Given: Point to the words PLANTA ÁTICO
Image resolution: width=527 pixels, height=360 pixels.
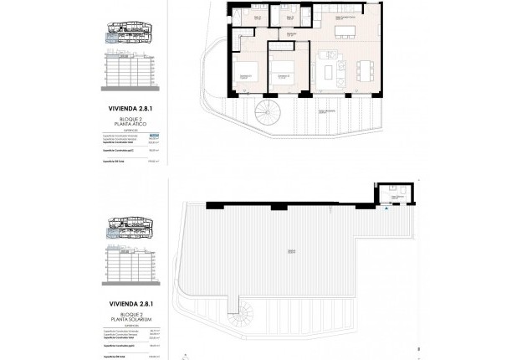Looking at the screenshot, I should click(130, 124).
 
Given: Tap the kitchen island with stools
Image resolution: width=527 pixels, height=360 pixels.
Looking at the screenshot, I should click(345, 33).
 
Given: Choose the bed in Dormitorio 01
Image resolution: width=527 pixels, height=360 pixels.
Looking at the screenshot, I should click(248, 78).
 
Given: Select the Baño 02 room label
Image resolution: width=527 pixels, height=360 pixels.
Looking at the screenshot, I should click(289, 18).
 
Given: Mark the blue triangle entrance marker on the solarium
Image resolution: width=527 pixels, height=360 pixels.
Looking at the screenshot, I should click(386, 209).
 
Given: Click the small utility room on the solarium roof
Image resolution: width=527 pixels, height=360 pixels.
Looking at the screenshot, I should click(392, 195).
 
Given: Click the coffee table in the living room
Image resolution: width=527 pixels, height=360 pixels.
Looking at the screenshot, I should click(328, 67).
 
